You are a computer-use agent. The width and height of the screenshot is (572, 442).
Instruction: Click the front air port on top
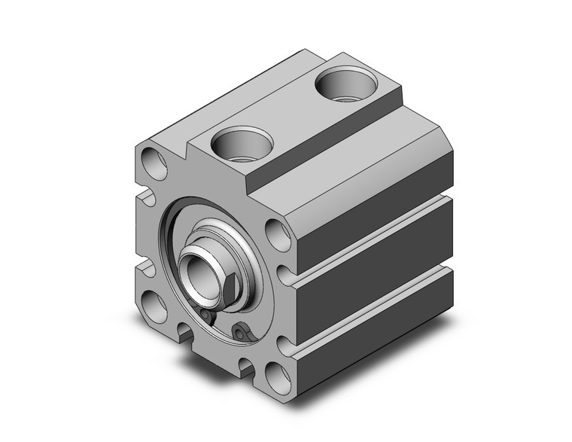(x=240, y=142)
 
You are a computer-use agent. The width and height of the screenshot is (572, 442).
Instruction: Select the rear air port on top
(x=343, y=84)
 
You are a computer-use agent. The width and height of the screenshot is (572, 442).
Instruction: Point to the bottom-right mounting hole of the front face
(x=278, y=373)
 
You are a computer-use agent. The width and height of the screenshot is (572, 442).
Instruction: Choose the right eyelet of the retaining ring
(x=240, y=333)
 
